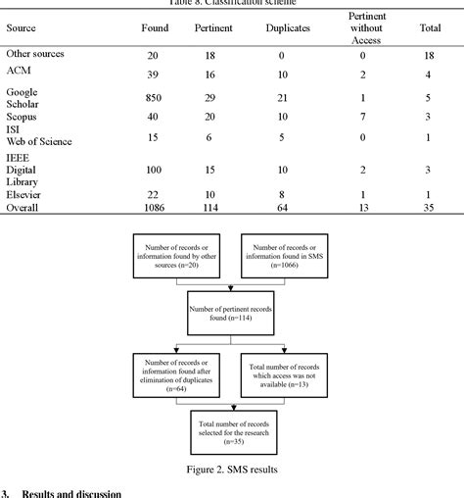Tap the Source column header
(x=22, y=27)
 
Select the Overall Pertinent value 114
(x=210, y=208)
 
